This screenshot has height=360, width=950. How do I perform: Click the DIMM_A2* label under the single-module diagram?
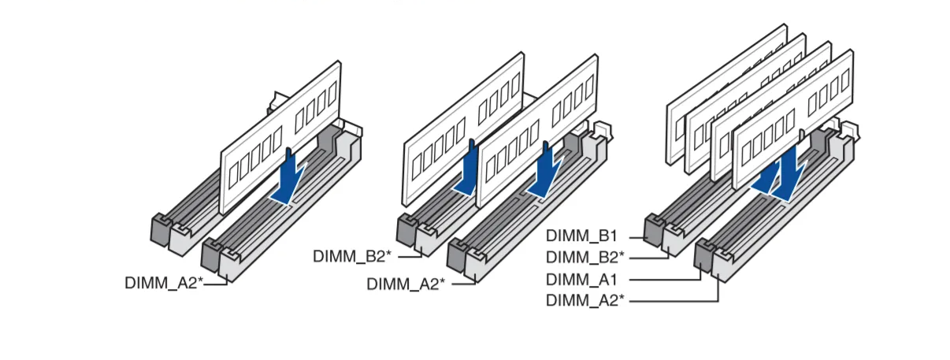point(164,282)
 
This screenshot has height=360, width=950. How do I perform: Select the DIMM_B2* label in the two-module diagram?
point(352,255)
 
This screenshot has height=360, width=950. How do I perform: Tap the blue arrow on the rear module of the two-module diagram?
point(468,169)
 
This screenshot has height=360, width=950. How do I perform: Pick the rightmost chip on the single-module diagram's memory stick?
point(331,101)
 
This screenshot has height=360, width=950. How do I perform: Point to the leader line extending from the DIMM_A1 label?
point(662,279)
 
